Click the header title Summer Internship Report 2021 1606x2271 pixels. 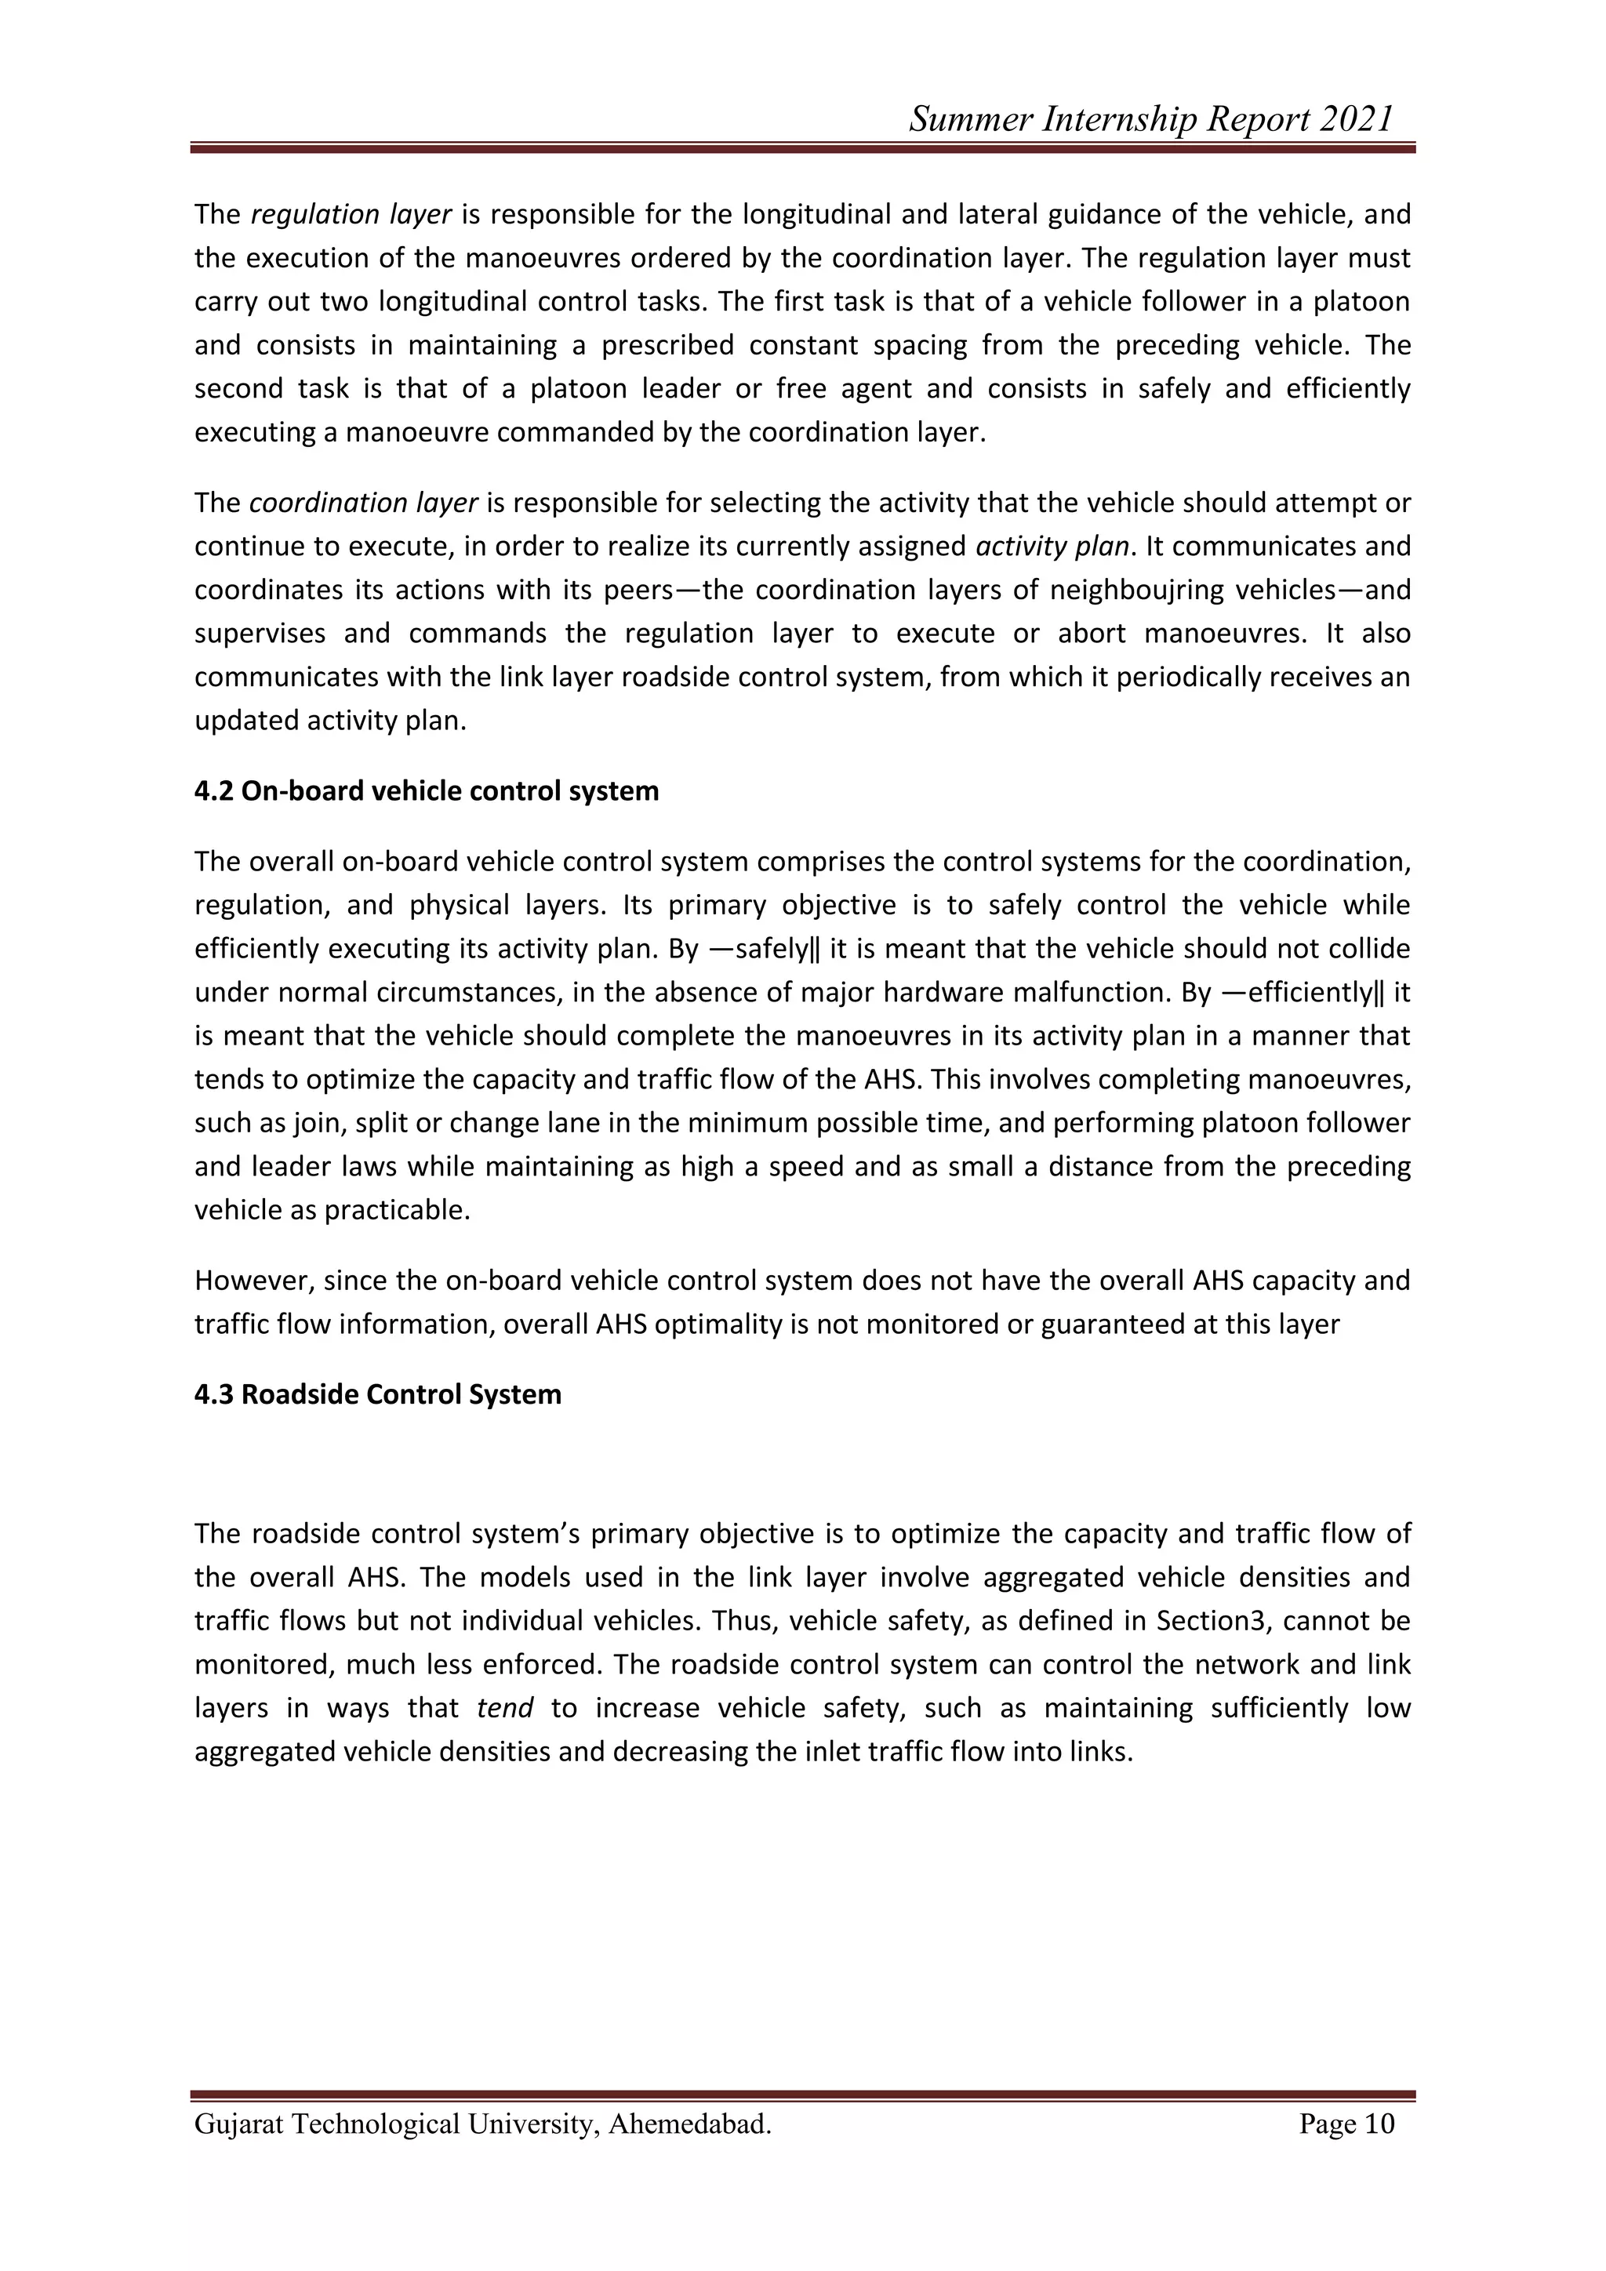pos(1150,120)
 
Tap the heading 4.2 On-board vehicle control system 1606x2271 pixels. pos(427,791)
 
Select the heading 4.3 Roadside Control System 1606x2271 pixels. pos(378,1394)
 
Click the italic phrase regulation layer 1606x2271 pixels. pos(352,215)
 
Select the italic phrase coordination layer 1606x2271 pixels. pos(364,503)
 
